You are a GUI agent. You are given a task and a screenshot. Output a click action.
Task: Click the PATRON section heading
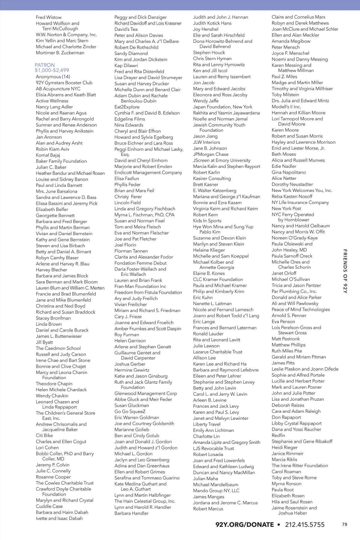(x=45, y=65)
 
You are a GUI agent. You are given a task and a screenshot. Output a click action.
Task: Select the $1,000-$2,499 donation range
(x=52, y=70)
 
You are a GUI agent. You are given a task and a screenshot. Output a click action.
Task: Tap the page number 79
(x=344, y=524)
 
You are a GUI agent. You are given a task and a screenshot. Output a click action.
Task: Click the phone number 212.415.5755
(x=305, y=525)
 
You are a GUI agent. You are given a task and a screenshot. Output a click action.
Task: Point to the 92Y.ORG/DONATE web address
(x=244, y=525)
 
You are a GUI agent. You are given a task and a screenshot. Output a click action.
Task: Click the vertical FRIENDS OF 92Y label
(x=345, y=271)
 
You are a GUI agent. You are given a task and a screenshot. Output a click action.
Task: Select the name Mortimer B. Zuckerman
(x=60, y=53)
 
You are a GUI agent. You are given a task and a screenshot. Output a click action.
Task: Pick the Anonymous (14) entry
(x=53, y=77)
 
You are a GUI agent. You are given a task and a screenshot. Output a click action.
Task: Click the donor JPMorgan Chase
(x=211, y=154)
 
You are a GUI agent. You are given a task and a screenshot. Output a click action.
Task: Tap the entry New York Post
(x=286, y=208)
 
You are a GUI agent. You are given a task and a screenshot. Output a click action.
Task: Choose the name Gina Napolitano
(x=289, y=172)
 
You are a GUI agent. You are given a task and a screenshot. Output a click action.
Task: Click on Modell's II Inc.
(x=286, y=107)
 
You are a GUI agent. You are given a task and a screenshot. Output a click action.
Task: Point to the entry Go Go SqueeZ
(x=130, y=411)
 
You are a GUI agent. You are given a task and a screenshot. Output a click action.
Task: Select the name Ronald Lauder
(x=208, y=334)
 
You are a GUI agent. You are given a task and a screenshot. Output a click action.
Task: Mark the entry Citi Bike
(x=44, y=435)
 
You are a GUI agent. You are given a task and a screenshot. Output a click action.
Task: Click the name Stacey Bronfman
(x=53, y=318)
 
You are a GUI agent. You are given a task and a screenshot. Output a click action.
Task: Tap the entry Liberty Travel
(x=207, y=424)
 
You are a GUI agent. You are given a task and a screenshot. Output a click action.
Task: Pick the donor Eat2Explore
(x=127, y=107)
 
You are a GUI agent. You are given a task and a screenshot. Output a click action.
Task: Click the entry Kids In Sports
(x=207, y=220)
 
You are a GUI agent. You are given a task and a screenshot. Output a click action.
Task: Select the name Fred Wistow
(x=49, y=17)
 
